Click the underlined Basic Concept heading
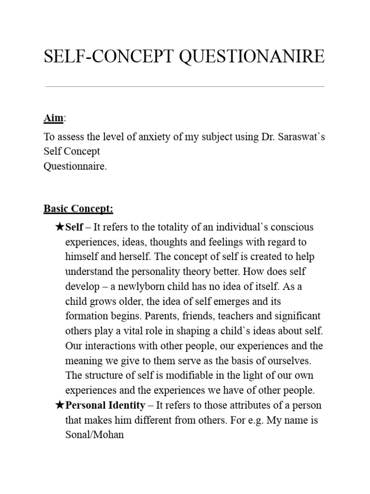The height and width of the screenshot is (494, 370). (79, 209)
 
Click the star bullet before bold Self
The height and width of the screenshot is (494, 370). (60, 227)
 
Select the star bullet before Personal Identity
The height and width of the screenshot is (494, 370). (60, 405)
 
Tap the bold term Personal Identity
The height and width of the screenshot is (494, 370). (105, 405)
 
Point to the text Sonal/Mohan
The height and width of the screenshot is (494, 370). (94, 435)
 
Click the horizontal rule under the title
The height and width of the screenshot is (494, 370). (185, 87)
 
